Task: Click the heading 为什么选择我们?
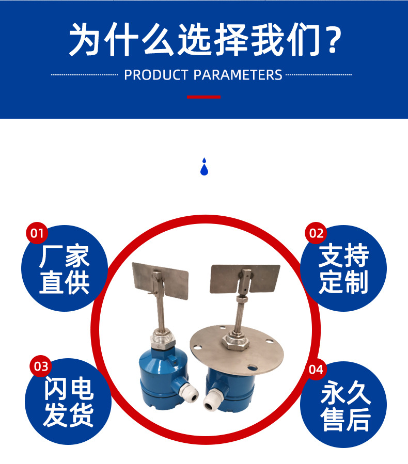[205, 39]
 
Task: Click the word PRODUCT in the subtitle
[156, 75]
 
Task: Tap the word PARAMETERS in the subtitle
[238, 75]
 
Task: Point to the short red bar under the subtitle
[203, 97]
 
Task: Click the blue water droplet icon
[204, 167]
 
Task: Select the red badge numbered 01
[37, 233]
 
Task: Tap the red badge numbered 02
[316, 233]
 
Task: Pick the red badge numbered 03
[41, 366]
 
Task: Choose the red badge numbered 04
[316, 370]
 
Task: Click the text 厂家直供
[64, 269]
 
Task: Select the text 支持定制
[343, 269]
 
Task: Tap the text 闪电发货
[69, 402]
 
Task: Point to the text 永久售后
[346, 406]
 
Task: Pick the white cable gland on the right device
[212, 401]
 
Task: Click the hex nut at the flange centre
[236, 342]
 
